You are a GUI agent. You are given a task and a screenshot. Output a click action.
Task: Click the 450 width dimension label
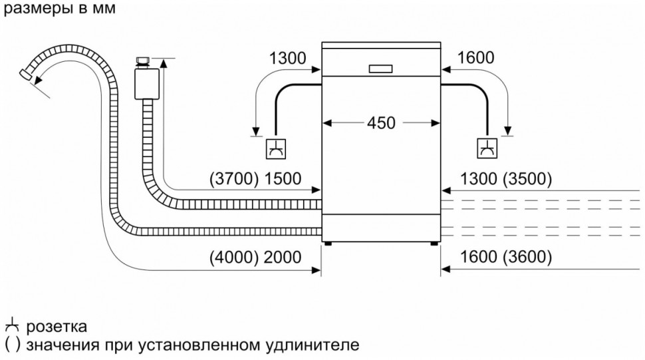point(381,123)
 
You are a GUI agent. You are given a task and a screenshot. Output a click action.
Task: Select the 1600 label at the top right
point(475,58)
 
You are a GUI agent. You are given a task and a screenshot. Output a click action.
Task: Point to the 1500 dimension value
point(282,178)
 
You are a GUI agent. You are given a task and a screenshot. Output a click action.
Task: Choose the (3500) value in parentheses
point(527,178)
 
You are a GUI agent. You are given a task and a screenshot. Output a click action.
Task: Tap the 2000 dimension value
point(282,258)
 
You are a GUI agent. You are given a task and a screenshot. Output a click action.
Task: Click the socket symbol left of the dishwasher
point(274,149)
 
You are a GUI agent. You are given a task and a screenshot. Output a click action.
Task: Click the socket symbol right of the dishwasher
point(487,149)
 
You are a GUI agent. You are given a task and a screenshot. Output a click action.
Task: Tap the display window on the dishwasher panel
point(380,68)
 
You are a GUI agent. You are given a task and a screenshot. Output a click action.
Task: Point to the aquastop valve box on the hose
point(144,85)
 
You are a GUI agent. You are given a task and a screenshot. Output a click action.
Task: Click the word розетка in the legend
point(57,327)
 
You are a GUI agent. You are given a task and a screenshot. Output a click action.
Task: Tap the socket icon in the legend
point(11,327)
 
